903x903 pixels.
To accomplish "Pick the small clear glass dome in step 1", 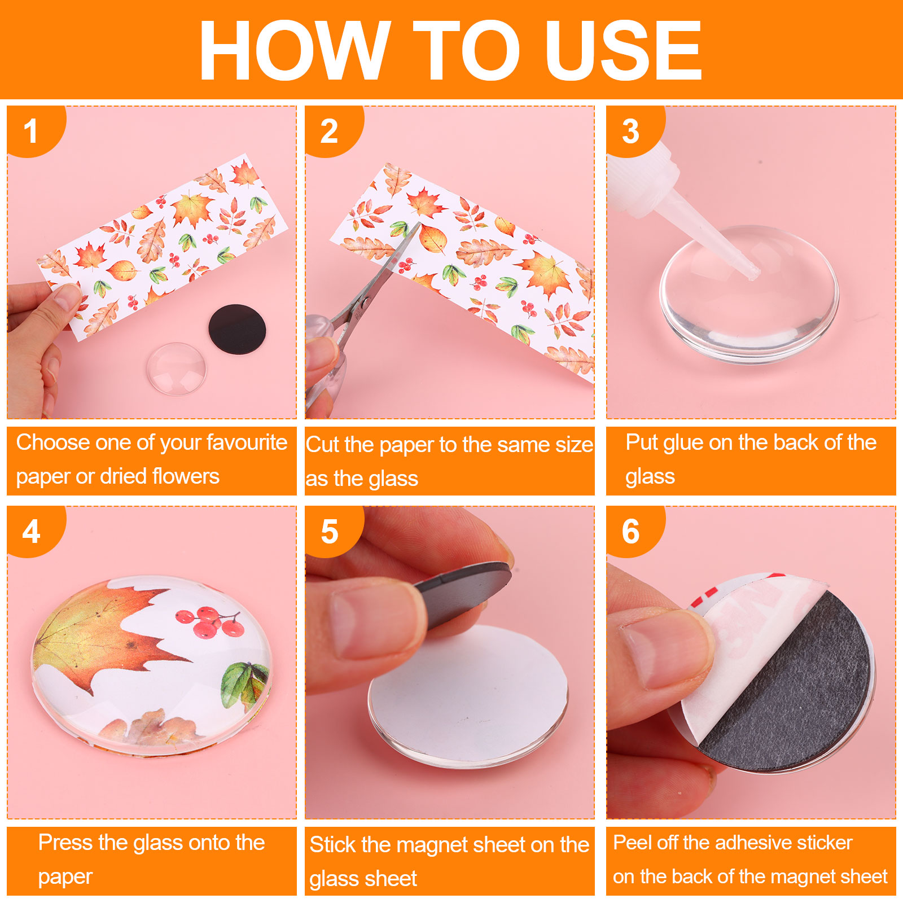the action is (x=177, y=368).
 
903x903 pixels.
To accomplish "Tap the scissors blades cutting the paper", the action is (x=389, y=271).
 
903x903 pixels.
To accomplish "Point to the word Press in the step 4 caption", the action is (x=65, y=843).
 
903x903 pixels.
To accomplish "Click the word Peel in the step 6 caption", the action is (x=633, y=843).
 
